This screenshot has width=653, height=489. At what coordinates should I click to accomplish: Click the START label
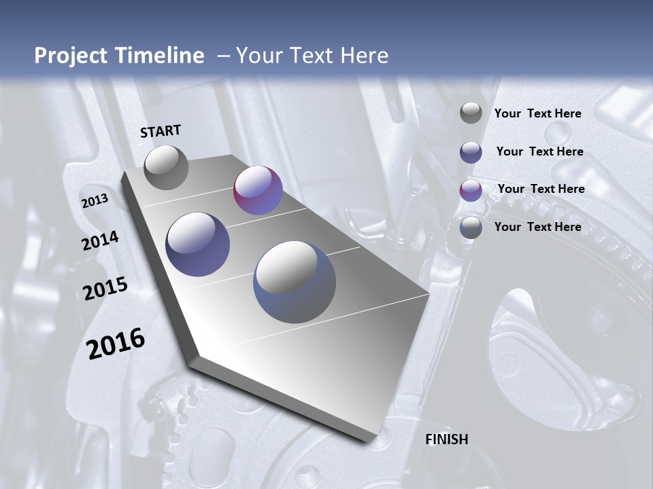161,131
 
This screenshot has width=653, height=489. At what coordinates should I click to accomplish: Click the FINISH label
446,439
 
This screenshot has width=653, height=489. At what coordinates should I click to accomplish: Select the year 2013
95,201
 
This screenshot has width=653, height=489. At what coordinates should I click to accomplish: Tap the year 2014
100,241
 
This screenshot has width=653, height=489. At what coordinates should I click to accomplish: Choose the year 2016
116,343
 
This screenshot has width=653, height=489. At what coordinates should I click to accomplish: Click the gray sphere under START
166,167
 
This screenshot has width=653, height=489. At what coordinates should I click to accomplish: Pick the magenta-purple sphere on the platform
258,190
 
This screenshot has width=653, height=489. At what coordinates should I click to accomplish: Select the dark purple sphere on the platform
198,244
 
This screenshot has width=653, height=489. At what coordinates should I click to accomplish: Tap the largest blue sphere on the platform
294,282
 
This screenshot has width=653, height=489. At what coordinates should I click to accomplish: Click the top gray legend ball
471,113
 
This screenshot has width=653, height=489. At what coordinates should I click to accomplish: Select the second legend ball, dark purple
471,152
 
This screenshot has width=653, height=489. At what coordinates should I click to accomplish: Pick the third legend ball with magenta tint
471,190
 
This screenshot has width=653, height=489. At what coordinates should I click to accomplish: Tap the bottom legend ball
471,228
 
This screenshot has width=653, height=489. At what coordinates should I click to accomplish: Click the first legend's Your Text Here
537,113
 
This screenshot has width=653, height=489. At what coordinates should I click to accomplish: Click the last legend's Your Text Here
537,227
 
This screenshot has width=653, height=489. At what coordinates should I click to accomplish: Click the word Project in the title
70,56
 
